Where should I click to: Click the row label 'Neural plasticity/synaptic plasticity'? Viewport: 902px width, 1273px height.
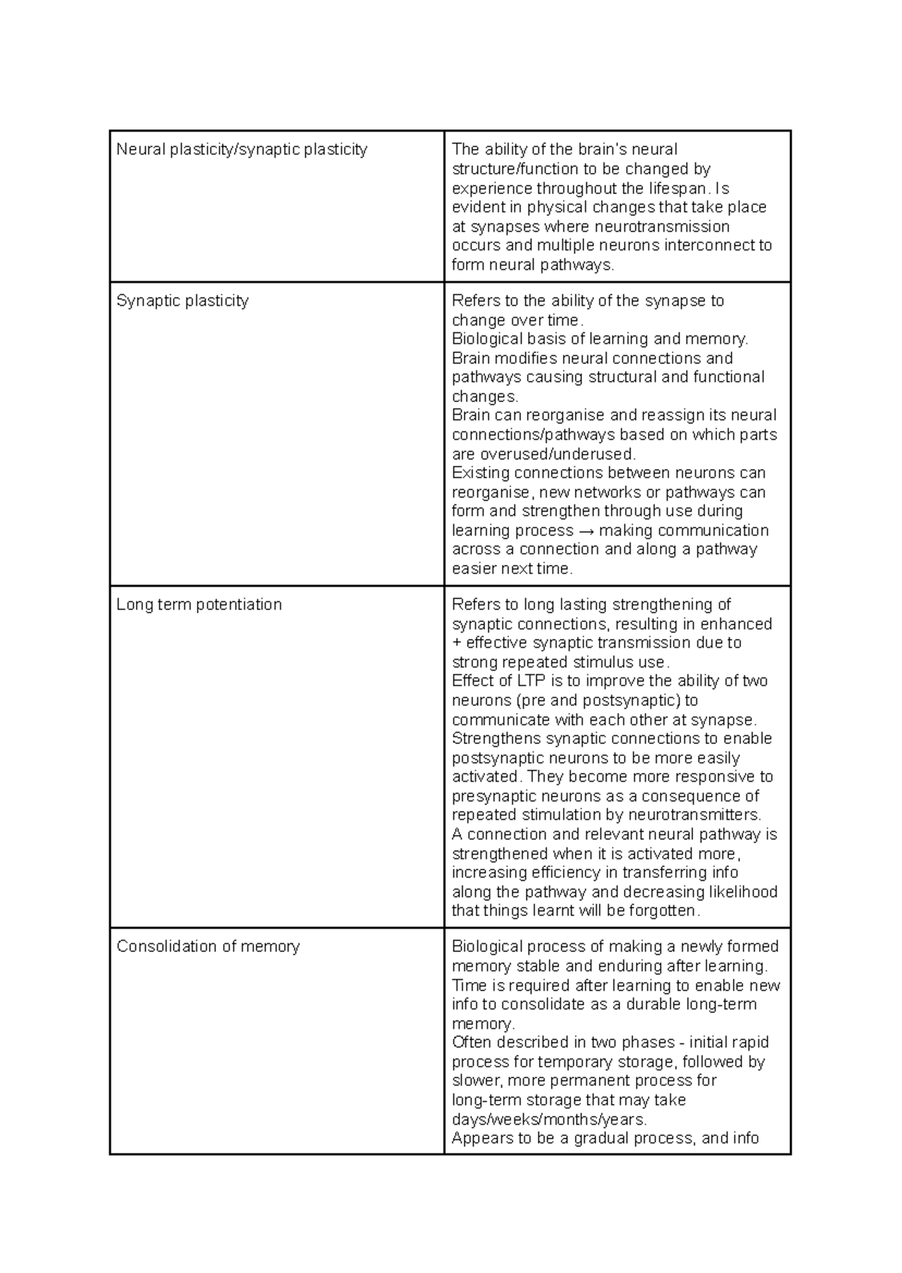[241, 150]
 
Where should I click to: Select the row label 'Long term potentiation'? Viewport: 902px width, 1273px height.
[198, 605]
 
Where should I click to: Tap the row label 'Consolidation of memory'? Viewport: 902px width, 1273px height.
[207, 947]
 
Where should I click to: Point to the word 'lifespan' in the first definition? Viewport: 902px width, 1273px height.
[679, 188]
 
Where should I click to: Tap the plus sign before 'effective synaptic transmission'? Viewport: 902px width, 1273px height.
[456, 643]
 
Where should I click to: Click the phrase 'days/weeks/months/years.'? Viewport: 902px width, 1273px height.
[549, 1120]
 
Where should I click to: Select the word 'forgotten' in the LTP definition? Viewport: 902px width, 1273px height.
[666, 911]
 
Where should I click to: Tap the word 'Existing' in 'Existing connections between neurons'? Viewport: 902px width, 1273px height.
[479, 473]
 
